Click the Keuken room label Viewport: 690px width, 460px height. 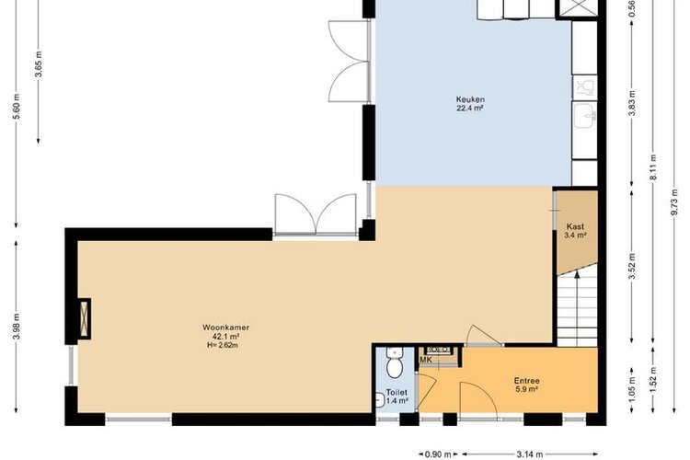(470, 99)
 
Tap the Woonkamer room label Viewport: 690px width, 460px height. (225, 328)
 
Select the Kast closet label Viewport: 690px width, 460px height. (575, 226)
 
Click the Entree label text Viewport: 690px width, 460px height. (527, 381)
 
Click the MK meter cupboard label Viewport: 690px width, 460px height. (426, 360)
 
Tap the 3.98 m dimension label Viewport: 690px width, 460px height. (17, 328)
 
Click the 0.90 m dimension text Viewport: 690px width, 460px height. (438, 454)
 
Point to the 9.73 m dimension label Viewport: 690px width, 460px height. (674, 202)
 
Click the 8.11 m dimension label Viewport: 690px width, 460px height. (653, 167)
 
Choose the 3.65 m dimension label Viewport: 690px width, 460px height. (39, 64)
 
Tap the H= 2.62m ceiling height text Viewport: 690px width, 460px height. (223, 346)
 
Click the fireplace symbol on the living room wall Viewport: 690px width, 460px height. (85, 318)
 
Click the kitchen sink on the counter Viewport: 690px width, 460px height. (585, 115)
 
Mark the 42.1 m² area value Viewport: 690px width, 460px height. (225, 337)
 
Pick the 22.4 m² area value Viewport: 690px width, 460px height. (470, 109)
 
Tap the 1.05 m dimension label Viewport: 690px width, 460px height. (632, 390)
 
